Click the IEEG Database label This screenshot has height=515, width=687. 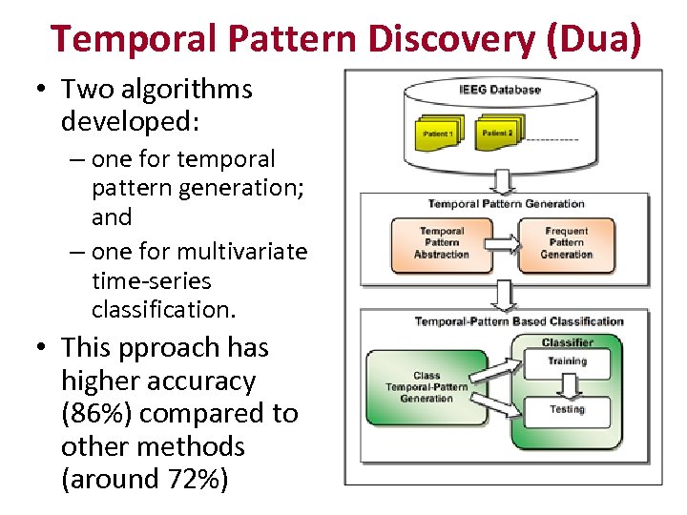[x=499, y=91]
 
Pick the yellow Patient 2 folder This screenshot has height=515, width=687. [x=497, y=132]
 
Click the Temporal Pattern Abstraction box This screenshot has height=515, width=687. [x=442, y=242]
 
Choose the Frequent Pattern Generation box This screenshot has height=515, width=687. [x=567, y=242]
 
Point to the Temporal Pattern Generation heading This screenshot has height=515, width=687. [x=506, y=203]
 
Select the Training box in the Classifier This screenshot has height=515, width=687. [x=566, y=361]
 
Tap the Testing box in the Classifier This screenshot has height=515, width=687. [x=567, y=410]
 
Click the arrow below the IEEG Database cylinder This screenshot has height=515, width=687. [x=504, y=178]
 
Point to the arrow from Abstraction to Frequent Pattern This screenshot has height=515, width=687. [x=505, y=242]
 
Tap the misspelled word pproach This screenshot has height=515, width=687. [x=181, y=348]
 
